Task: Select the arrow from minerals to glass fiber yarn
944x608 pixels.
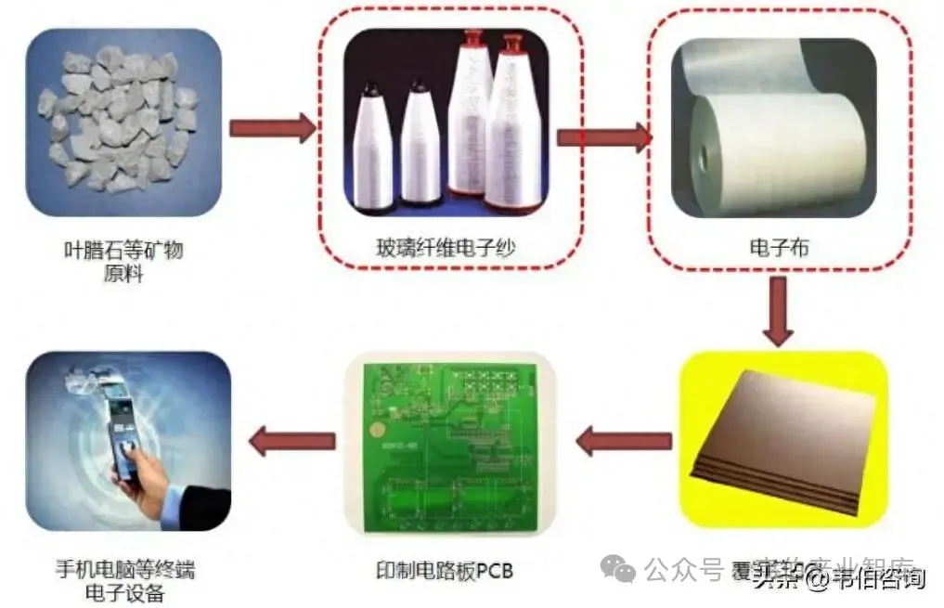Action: tap(271, 128)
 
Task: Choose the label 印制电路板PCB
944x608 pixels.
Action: tap(450, 568)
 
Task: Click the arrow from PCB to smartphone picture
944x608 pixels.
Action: tap(292, 440)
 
